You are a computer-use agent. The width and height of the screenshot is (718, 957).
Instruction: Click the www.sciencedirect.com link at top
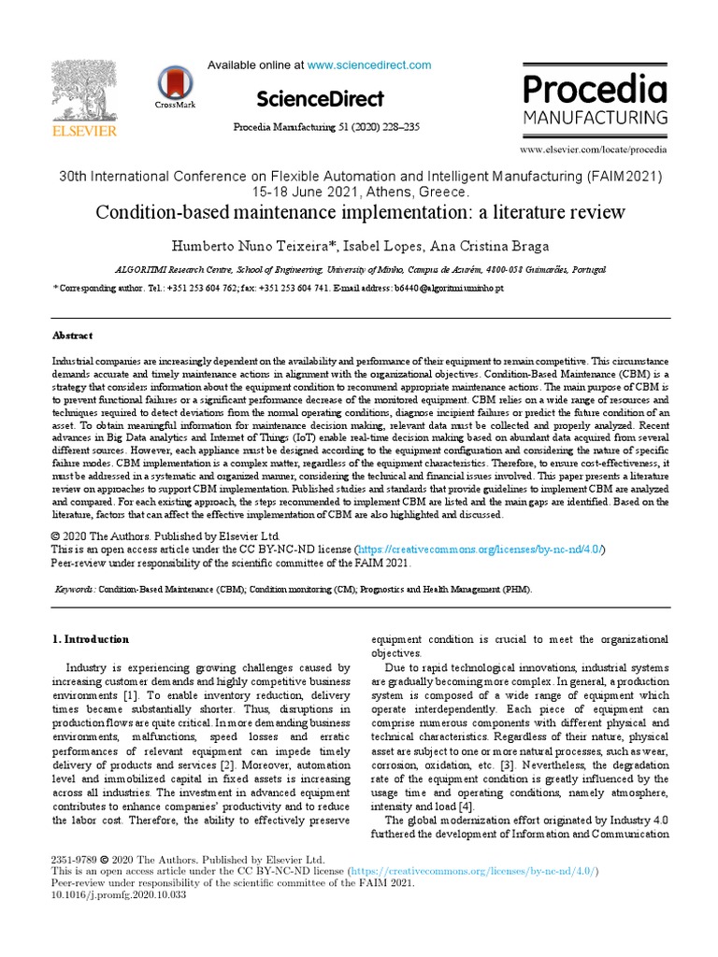pyautogui.click(x=369, y=65)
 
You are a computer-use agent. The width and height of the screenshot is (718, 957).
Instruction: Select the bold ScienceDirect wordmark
pyautogui.click(x=319, y=99)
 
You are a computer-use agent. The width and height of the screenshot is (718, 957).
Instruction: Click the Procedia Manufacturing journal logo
pyautogui.click(x=595, y=101)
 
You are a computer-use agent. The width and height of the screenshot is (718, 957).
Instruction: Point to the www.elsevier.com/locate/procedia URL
pyautogui.click(x=594, y=149)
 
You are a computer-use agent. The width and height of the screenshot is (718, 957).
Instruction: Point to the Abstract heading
pyautogui.click(x=72, y=336)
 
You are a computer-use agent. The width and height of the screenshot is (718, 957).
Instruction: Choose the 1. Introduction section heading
pyautogui.click(x=90, y=639)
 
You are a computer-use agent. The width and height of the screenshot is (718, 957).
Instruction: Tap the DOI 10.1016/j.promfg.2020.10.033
pyautogui.click(x=107, y=894)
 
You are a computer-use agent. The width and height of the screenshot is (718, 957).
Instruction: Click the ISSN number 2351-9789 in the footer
pyautogui.click(x=72, y=858)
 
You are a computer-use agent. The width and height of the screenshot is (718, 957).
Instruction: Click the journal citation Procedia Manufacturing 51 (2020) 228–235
pyautogui.click(x=323, y=127)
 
